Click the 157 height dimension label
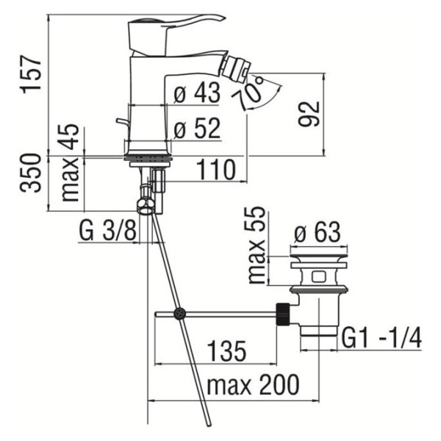(31, 74)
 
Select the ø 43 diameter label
(196, 93)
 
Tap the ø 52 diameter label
(197, 128)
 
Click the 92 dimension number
(309, 114)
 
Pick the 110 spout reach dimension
(215, 170)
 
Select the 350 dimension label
(30, 173)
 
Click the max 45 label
(70, 162)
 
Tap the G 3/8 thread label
(108, 230)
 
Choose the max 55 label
(257, 245)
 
